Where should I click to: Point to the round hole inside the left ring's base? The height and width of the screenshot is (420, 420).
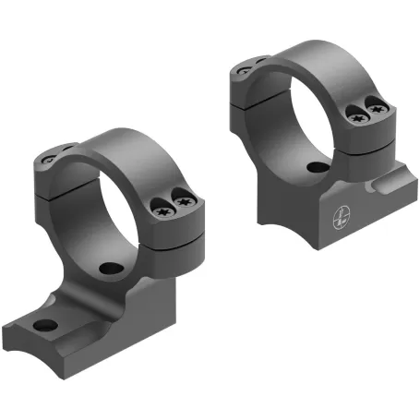[111, 269]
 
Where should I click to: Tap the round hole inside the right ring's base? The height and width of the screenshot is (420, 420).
[316, 168]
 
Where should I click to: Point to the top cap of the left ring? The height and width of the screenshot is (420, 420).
[120, 148]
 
